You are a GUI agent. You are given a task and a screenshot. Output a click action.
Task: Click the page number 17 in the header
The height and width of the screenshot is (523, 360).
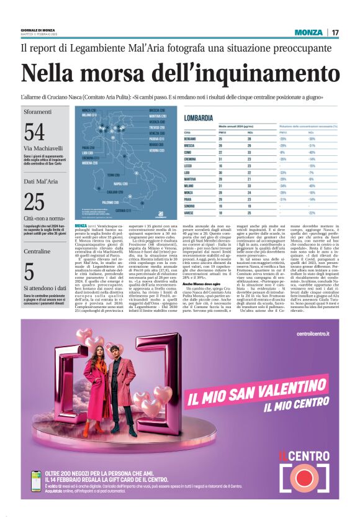(x=335, y=32)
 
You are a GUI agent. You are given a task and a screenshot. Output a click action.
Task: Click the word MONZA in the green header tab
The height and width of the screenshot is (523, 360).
(x=308, y=32)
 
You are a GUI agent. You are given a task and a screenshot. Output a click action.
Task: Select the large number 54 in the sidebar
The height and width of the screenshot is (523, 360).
(x=34, y=132)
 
